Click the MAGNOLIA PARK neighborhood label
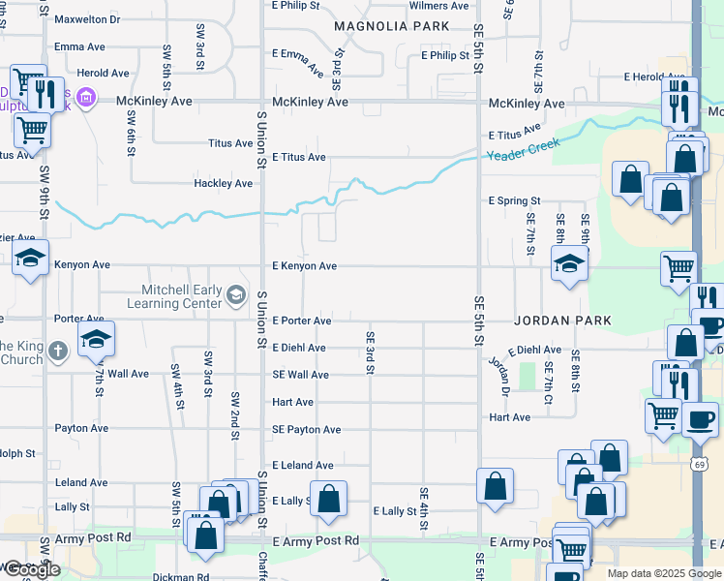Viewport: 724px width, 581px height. click(x=392, y=26)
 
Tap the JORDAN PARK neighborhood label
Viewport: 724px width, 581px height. click(x=562, y=320)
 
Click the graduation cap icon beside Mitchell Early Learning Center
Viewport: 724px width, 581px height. click(x=236, y=294)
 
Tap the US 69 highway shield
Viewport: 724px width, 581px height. click(x=698, y=466)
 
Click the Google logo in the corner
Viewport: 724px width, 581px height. click(x=31, y=569)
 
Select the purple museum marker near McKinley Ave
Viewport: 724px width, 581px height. click(x=85, y=97)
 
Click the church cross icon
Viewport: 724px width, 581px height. click(x=58, y=351)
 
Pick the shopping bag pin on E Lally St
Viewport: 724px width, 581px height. click(x=328, y=499)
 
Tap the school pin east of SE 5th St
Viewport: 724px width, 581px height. click(x=569, y=263)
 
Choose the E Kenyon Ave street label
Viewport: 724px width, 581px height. click(x=304, y=266)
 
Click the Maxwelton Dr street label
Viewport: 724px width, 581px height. click(x=87, y=19)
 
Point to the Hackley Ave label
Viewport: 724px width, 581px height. click(x=223, y=183)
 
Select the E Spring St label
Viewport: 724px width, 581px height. click(x=514, y=201)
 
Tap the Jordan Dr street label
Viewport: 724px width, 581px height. click(x=498, y=371)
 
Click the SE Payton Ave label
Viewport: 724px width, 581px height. click(x=306, y=430)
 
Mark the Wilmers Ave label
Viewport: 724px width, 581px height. click(x=439, y=6)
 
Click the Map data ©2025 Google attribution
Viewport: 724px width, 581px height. click(x=664, y=573)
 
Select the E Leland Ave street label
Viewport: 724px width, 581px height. click(x=302, y=466)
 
